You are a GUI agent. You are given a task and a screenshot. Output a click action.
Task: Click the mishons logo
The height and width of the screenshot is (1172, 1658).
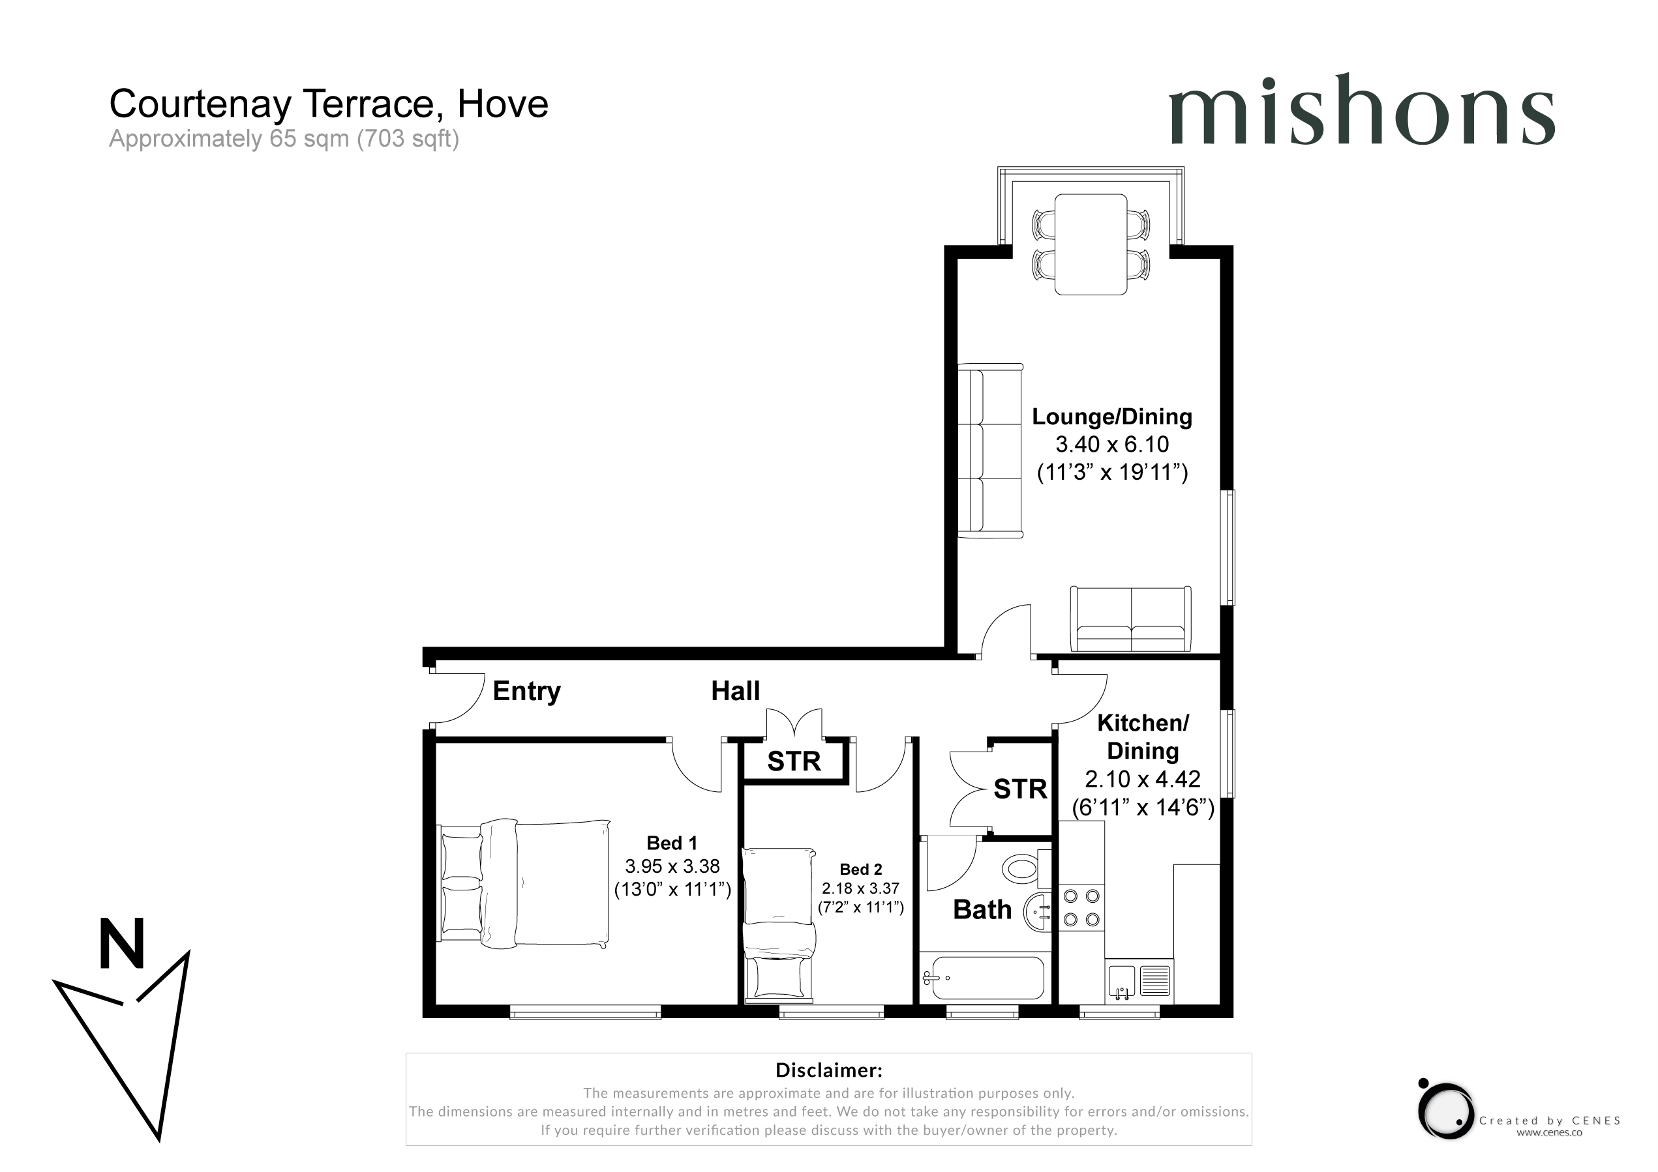(1362, 109)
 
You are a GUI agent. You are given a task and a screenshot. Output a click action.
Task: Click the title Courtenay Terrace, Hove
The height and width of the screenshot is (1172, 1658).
(329, 104)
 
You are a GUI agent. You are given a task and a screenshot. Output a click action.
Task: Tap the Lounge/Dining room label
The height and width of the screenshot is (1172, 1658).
(1112, 417)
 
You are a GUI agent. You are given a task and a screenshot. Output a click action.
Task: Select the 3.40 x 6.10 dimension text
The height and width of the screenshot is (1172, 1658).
(1112, 444)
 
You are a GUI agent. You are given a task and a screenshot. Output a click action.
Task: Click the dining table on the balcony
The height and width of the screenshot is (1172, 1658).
(1091, 244)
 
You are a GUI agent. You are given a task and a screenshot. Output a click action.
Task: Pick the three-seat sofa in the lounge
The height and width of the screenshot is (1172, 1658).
(990, 451)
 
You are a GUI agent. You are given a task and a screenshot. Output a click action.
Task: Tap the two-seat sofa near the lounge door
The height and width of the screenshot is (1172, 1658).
(1131, 620)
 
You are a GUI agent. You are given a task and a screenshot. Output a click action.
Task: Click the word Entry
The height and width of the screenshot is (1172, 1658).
(526, 692)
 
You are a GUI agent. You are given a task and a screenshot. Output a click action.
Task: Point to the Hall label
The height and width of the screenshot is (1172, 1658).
(735, 691)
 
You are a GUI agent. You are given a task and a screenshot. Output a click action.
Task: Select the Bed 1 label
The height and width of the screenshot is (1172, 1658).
(672, 843)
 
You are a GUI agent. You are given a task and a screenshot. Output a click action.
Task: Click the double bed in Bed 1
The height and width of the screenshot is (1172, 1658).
(524, 884)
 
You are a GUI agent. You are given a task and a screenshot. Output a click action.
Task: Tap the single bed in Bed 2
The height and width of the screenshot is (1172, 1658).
(779, 926)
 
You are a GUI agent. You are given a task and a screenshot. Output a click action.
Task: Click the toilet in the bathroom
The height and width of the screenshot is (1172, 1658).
(1025, 868)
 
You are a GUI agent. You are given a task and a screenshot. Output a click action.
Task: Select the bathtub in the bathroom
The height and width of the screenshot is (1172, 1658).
(983, 978)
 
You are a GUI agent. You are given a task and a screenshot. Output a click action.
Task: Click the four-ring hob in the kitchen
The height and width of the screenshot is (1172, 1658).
(1081, 908)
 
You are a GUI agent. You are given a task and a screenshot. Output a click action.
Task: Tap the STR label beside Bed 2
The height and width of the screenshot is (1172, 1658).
(794, 761)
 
